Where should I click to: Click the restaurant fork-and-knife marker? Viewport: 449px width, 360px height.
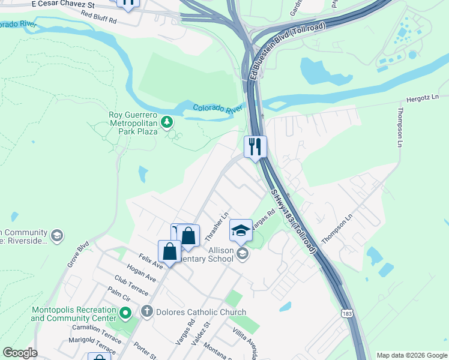coord(255,146)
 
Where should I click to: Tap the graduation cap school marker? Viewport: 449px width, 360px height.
coord(241,229)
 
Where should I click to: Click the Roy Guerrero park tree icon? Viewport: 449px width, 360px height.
coord(167,123)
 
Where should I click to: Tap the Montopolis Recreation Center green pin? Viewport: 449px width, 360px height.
coord(125,313)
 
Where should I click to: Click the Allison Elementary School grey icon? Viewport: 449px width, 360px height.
coord(243,254)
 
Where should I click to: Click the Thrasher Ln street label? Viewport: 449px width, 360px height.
coord(217,223)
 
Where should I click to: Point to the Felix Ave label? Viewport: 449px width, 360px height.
coord(151,261)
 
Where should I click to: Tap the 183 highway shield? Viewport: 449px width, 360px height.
coord(347,314)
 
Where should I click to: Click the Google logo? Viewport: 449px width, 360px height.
coord(20,353)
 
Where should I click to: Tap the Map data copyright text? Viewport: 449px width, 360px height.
coord(411,355)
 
